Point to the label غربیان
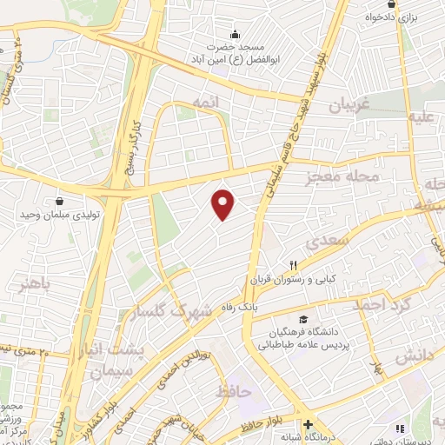tap(350, 106)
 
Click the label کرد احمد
tap(380, 305)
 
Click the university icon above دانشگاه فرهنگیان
tap(302, 319)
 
